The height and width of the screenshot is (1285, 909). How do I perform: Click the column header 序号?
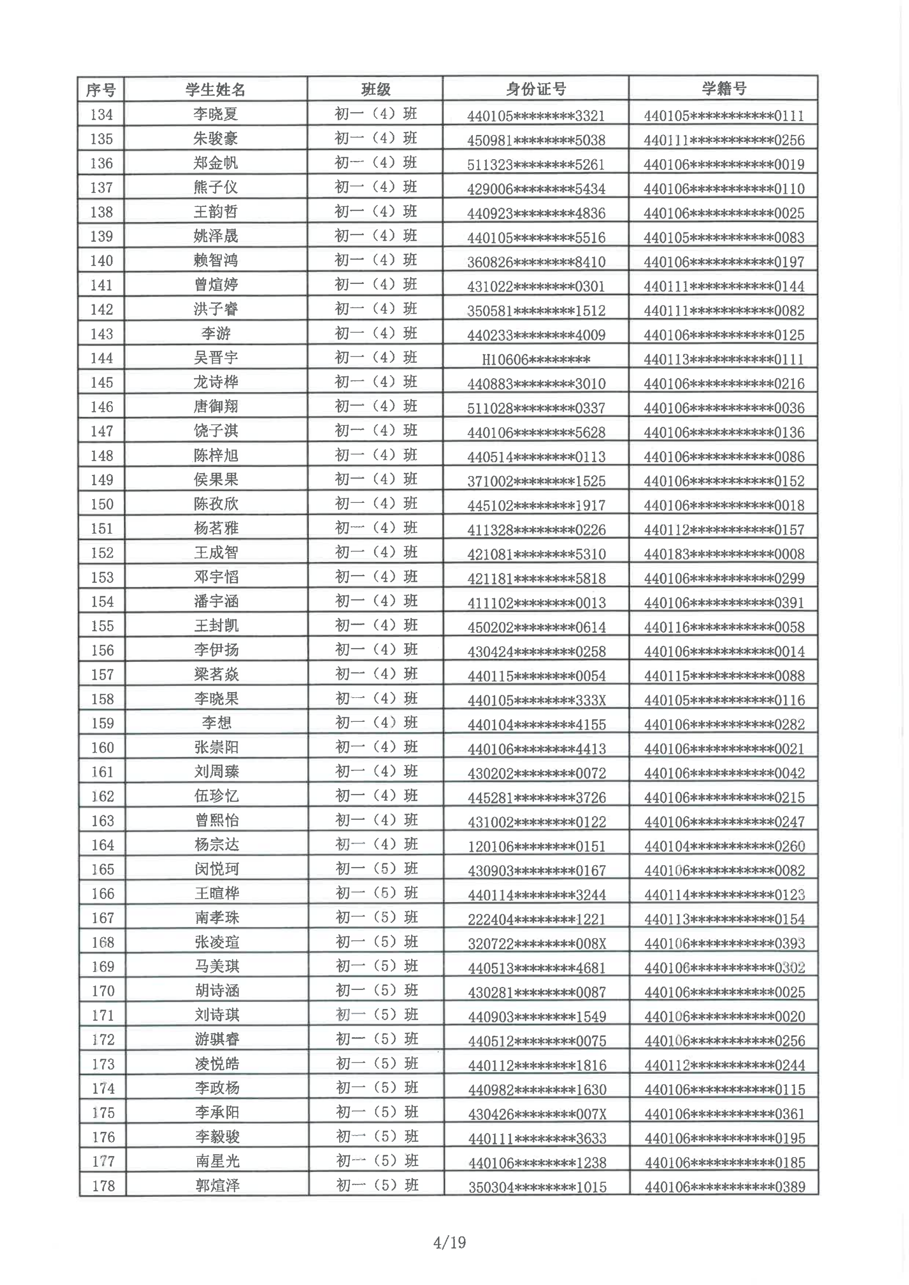101,90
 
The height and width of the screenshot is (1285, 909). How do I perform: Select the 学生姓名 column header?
215,90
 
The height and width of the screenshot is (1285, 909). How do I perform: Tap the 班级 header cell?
375,89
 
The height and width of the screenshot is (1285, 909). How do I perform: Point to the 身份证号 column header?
535,89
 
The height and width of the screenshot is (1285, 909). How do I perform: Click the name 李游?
216,334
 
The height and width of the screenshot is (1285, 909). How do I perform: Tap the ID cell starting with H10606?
535,360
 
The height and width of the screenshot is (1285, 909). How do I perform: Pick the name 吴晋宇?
216,358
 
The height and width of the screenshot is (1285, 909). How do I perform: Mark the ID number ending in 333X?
537,700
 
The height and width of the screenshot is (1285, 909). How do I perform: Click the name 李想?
217,723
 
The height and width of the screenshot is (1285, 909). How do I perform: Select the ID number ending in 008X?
537,944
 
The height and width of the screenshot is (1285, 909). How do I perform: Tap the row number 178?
103,1186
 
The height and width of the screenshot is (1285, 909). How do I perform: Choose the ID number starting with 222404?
537,919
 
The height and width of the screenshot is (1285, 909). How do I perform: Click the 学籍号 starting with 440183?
724,554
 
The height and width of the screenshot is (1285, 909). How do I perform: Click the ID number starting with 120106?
537,846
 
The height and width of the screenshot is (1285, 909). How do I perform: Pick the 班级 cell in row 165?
377,868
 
